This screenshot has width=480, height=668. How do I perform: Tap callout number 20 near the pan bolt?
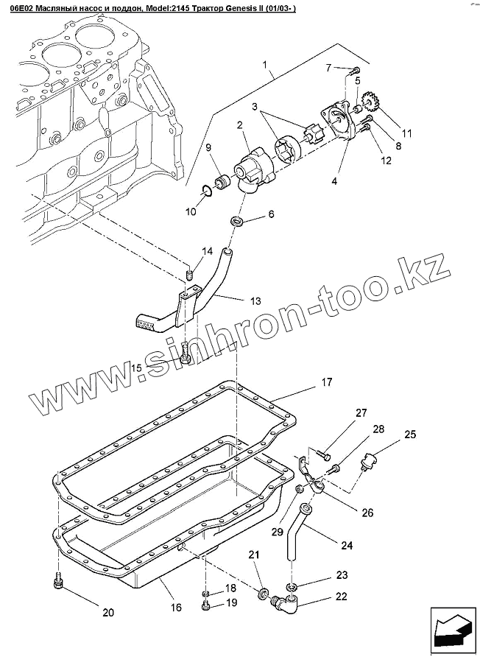[107, 612]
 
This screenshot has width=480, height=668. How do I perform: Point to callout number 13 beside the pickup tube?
[255, 301]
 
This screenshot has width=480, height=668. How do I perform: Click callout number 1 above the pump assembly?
[265, 66]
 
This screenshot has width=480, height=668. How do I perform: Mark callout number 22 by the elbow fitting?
[341, 597]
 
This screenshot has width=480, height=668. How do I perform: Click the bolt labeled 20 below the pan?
[59, 583]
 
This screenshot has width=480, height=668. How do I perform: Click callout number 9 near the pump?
[208, 149]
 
